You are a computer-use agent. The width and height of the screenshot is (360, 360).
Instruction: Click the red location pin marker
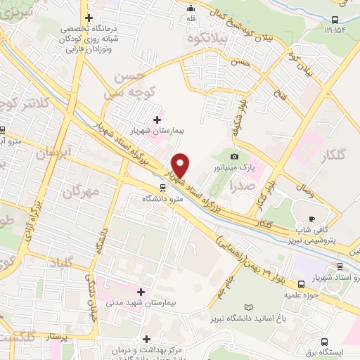coord(181,165)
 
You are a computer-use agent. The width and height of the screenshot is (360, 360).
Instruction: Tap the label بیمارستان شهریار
coord(156,131)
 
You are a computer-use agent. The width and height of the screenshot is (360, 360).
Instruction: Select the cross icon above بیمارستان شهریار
coord(156,120)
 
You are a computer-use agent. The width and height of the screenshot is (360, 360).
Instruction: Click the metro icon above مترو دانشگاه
coord(163,187)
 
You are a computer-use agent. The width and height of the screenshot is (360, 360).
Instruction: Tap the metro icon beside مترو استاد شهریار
coord(301,285)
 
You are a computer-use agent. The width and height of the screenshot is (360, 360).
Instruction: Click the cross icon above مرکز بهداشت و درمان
coord(147,339)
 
